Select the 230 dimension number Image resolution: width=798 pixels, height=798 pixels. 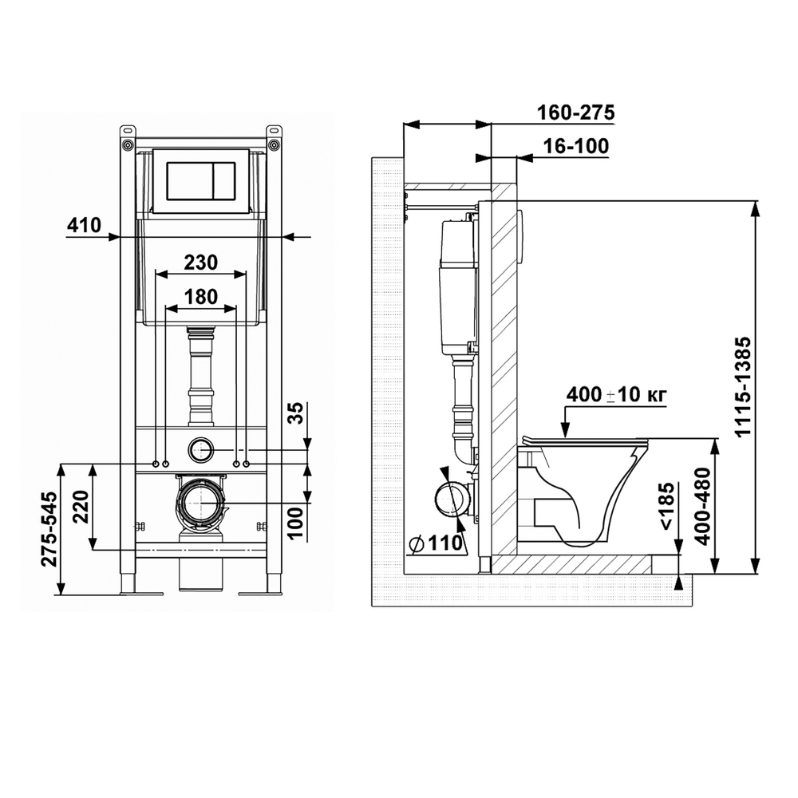point(200,263)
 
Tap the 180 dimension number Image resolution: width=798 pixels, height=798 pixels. point(202,297)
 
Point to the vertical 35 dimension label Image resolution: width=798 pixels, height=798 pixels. point(295,413)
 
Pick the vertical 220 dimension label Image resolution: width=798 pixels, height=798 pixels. point(81,507)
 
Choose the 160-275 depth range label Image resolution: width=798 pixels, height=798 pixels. point(577,113)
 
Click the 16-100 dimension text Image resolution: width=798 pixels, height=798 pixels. point(576,147)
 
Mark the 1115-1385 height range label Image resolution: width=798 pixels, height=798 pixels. point(743,387)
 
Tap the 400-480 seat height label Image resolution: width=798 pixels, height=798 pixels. point(703,507)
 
